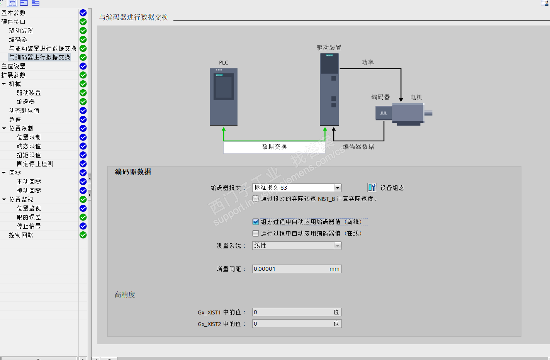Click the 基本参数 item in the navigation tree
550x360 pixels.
14,13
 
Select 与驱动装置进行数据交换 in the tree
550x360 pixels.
42,48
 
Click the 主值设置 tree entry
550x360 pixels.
14,66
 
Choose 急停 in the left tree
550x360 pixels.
15,119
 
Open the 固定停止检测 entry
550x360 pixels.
35,164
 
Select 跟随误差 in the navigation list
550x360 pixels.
29,217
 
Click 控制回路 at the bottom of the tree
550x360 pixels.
21,235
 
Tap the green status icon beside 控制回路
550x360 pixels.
83,235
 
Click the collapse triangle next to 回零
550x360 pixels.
4,173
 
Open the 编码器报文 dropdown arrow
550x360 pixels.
338,188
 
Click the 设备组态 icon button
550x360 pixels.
372,188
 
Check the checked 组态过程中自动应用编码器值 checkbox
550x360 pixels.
256,222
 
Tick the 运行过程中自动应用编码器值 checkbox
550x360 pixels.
256,233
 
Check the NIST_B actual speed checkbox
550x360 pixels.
256,199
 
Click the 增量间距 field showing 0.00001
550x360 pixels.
297,269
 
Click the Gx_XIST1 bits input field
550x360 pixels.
297,312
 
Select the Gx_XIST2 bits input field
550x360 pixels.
297,324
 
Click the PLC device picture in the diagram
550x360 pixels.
224,97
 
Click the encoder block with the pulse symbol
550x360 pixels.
384,113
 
